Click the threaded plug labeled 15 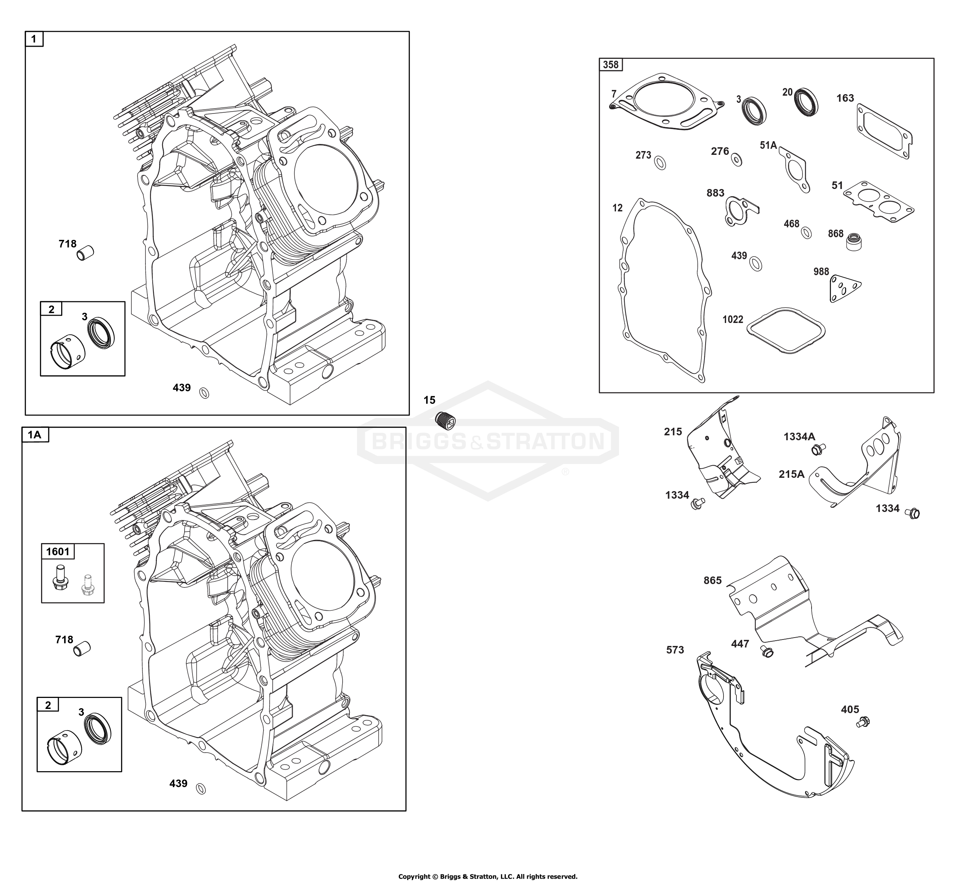(x=445, y=419)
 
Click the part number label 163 (x=845, y=98)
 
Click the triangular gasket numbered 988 (x=845, y=288)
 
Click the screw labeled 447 (x=766, y=651)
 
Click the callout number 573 (x=675, y=650)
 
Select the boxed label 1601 (x=58, y=551)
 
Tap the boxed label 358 (x=611, y=65)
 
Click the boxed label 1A (x=35, y=435)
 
